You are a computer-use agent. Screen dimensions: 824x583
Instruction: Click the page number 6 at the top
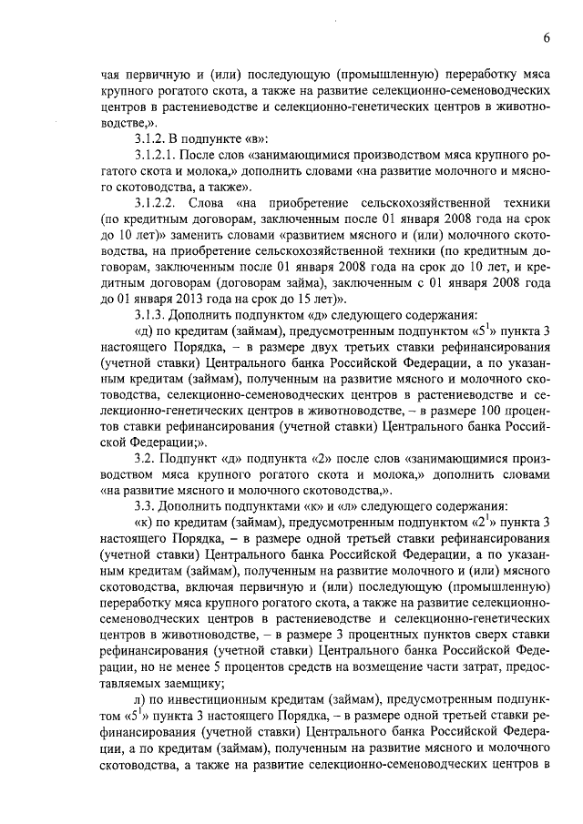click(x=546, y=38)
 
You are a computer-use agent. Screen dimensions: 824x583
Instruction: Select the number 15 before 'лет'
click(x=297, y=297)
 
